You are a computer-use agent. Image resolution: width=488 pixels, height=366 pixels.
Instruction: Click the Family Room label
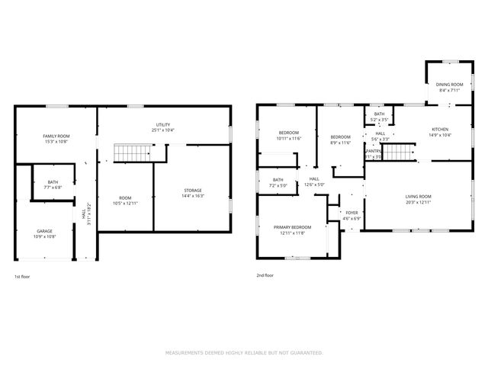click(56, 136)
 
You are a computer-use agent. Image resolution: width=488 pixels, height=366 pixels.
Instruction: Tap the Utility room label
click(163, 124)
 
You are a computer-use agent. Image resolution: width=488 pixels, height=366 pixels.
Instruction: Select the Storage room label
click(193, 190)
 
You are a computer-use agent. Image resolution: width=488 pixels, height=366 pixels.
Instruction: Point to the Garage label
click(45, 230)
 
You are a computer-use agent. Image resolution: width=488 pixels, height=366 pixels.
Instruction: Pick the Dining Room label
click(449, 84)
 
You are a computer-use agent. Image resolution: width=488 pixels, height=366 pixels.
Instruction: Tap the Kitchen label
click(440, 129)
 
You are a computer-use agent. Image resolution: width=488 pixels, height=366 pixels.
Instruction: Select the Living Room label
click(418, 197)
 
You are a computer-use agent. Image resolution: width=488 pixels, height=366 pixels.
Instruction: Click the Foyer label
click(352, 213)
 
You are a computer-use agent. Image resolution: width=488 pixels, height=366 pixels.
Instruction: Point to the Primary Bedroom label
click(293, 227)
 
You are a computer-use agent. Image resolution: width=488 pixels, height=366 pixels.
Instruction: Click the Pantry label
click(373, 151)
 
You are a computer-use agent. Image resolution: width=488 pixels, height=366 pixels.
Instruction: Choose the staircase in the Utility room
click(130, 152)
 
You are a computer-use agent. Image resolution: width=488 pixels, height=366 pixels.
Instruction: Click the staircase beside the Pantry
click(396, 153)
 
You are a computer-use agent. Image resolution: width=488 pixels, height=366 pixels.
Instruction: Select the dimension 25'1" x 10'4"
click(163, 130)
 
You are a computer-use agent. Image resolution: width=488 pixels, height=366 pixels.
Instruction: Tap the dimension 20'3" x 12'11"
click(418, 203)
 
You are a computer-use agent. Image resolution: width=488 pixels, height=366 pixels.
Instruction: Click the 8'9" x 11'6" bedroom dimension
click(340, 143)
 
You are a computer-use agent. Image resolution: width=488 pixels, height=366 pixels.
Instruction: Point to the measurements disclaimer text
click(244, 353)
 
